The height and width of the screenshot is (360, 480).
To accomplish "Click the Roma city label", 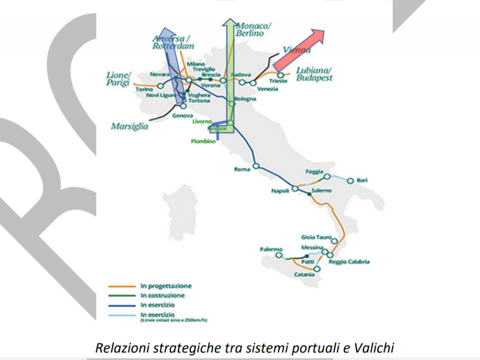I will click(242, 170).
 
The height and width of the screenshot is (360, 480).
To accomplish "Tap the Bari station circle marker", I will click(350, 180).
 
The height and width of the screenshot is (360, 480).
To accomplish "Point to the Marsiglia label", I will click(129, 127).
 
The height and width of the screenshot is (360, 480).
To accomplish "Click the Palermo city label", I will click(271, 249).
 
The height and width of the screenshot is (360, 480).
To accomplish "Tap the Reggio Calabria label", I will click(349, 262).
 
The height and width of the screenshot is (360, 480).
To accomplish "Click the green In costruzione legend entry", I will click(162, 296).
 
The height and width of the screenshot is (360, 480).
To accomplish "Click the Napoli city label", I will click(281, 191).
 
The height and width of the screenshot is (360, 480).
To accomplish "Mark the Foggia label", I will click(314, 172).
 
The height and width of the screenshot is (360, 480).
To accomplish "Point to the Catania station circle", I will click(317, 269).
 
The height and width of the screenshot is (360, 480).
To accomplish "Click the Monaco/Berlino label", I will click(253, 29).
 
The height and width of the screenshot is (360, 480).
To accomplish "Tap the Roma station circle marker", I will click(256, 165).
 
